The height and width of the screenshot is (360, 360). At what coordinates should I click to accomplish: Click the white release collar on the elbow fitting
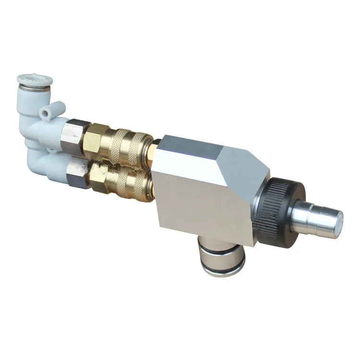click(x=35, y=79)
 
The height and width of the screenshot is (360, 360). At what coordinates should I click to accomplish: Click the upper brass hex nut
click(x=99, y=136)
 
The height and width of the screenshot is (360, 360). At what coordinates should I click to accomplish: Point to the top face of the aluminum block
click(x=202, y=146)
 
